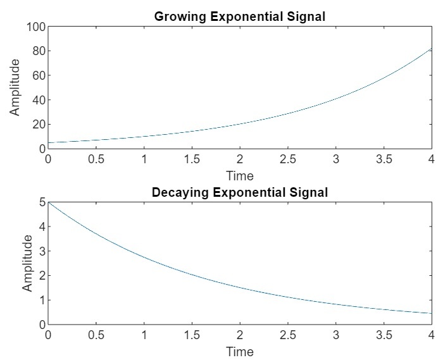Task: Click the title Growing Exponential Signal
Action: [x=239, y=16]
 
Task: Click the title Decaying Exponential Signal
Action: [x=239, y=192]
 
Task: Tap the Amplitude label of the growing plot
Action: [x=15, y=87]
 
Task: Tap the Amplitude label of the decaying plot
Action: [x=28, y=263]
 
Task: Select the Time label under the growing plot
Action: [x=240, y=175]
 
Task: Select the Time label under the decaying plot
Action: [x=240, y=351]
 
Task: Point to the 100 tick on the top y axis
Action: [x=35, y=27]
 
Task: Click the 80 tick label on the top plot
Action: [x=37, y=51]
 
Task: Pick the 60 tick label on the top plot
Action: [x=37, y=75]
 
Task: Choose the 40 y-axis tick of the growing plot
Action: [x=37, y=100]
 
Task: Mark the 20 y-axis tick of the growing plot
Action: [x=37, y=125]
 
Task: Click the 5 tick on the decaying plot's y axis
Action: [x=41, y=202]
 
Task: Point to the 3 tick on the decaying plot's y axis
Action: [x=41, y=251]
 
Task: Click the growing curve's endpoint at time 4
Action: [x=432, y=48]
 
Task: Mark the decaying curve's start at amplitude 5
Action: [x=49, y=202]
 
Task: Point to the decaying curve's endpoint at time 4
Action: [x=432, y=313]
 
